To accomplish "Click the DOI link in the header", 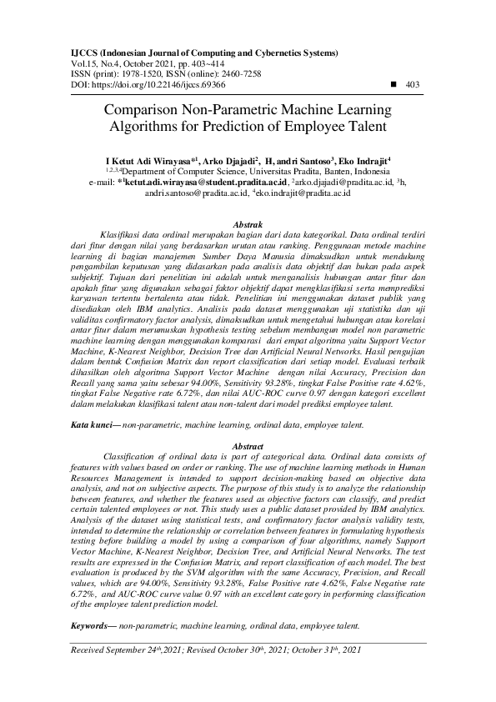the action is (x=146, y=86).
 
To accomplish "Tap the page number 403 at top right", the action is (x=412, y=85).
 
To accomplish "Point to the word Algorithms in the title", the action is (x=143, y=127).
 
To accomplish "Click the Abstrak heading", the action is (x=248, y=225).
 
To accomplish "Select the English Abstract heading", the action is (x=248, y=448).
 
